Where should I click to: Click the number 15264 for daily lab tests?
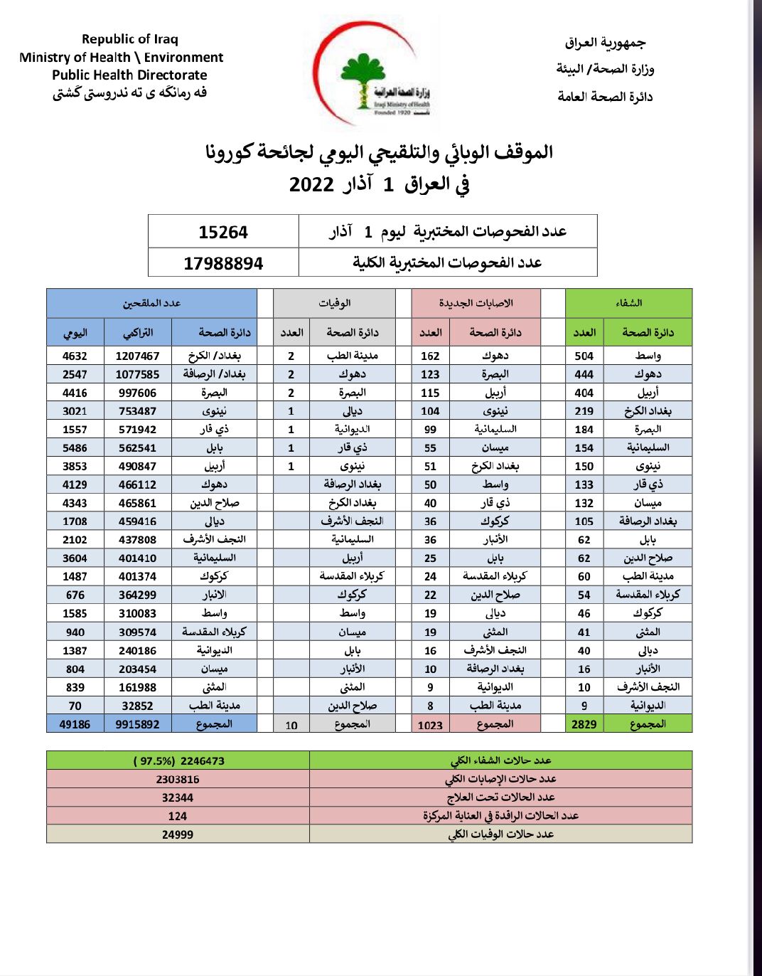(223, 233)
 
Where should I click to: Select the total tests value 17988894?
(223, 264)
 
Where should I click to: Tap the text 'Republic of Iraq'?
(129, 39)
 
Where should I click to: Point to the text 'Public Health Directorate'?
(129, 75)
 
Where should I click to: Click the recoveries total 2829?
(584, 724)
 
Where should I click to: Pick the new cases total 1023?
(430, 725)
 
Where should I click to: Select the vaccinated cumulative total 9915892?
(137, 724)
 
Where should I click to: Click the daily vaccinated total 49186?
(75, 724)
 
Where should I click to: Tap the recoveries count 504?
(584, 356)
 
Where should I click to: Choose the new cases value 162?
(430, 356)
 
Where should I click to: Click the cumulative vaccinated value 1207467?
(137, 356)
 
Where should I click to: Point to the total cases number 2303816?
(178, 779)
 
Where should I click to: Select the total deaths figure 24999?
(178, 834)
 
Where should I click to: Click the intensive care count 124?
(178, 816)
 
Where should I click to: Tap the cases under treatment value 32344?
(178, 797)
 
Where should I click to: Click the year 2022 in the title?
(311, 185)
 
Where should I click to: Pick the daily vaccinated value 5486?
(75, 448)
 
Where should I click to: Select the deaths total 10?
(291, 725)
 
